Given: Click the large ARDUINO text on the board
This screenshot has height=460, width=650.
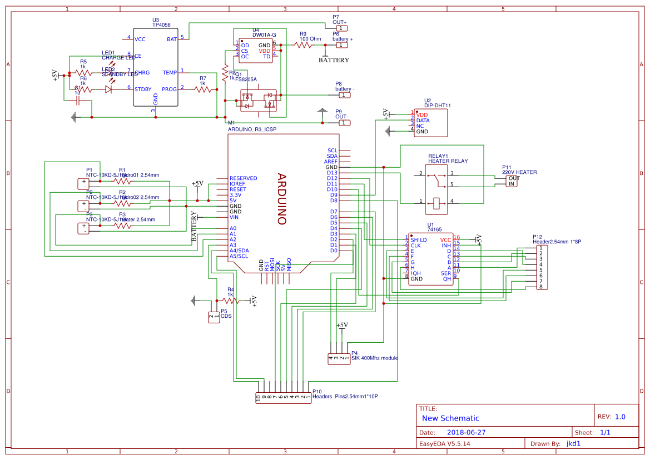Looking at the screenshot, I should click(282, 199).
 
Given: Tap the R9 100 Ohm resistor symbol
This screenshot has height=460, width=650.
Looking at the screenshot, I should click(303, 45).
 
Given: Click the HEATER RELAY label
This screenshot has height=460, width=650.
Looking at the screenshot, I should click(448, 161).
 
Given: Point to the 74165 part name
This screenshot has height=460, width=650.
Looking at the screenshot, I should click(434, 229).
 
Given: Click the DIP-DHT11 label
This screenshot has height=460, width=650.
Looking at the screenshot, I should click(437, 105).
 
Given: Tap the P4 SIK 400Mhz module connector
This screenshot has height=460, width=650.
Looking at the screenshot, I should click(339, 358).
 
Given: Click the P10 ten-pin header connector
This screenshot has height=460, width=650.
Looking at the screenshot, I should click(283, 397).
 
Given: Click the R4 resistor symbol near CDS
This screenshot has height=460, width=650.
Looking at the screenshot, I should click(230, 301).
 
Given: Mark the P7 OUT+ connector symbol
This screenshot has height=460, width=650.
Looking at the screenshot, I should click(343, 28).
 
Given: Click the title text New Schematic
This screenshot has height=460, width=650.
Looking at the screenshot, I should click(450, 418).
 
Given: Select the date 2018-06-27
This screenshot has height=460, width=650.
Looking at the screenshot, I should click(466, 432).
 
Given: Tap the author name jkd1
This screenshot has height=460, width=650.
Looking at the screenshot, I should click(573, 443).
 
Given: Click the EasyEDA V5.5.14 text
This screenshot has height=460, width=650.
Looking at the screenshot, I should click(444, 443).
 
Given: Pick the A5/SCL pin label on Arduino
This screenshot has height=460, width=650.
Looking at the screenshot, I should click(239, 256).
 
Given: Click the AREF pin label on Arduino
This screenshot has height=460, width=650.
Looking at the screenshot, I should click(330, 162).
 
